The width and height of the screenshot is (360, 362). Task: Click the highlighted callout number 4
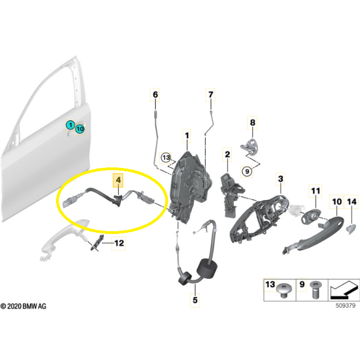(118, 180)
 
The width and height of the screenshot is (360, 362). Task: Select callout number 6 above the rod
(155, 95)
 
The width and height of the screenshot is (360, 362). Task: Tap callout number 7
(210, 95)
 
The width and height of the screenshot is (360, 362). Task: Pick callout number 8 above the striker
(252, 123)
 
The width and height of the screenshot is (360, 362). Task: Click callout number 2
(227, 155)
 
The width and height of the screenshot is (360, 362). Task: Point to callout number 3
(281, 179)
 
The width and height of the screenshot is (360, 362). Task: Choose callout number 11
(316, 191)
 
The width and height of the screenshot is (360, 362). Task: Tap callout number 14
(352, 202)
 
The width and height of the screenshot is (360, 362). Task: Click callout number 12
(119, 243)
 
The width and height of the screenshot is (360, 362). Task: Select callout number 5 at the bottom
(195, 300)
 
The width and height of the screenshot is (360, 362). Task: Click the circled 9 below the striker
(247, 171)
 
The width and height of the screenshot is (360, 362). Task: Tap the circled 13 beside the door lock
(166, 157)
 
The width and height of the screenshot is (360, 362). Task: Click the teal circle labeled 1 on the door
(70, 125)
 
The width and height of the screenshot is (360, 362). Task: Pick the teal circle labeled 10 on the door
(80, 129)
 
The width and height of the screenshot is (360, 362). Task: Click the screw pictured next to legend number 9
(315, 289)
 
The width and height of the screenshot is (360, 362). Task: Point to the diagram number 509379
(346, 305)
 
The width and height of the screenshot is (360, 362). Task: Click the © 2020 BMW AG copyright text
(23, 306)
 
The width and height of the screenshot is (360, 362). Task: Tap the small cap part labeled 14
(351, 229)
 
